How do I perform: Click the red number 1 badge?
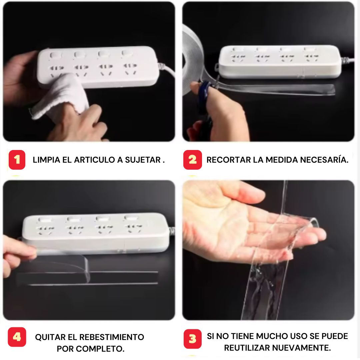(17, 160)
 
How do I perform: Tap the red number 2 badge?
(192, 160)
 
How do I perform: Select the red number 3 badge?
(192, 339)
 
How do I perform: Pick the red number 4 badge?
(17, 337)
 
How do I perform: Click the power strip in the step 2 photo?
(280, 62)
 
